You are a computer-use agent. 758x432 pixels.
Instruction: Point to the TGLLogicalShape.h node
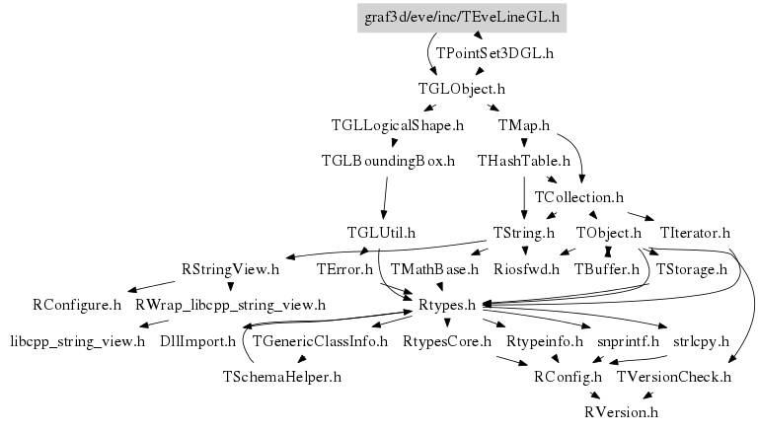(398, 125)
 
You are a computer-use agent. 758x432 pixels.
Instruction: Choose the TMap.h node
(524, 125)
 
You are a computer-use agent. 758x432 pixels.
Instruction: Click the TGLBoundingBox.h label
(389, 161)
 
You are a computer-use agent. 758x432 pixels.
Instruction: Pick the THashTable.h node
(524, 161)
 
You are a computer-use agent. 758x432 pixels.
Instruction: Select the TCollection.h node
(579, 197)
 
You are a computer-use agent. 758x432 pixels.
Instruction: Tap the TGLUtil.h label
(381, 233)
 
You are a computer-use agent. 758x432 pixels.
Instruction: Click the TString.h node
(524, 233)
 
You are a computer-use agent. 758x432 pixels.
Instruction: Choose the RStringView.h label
(231, 268)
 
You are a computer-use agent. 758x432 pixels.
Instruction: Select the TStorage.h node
(691, 268)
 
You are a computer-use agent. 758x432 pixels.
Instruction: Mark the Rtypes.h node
(449, 305)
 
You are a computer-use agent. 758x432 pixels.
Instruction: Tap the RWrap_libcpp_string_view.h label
(230, 305)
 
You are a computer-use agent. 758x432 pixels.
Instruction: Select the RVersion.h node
(621, 412)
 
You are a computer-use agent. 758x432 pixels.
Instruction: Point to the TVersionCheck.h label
(674, 377)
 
